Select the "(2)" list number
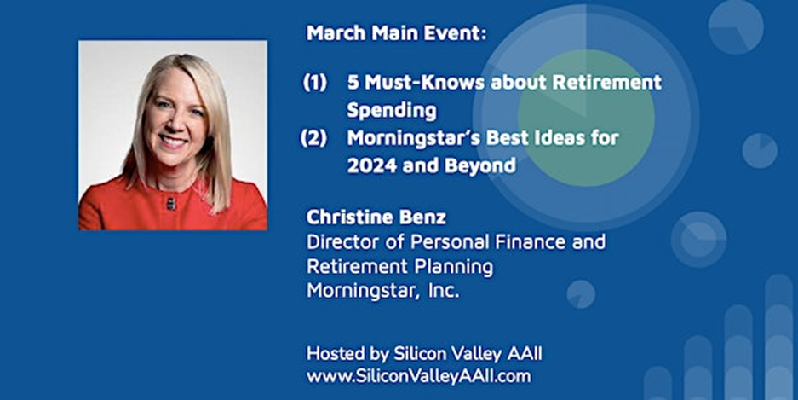tap(314, 139)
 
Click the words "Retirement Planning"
tap(399, 267)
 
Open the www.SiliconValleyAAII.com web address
tap(418, 376)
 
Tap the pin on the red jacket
tap(170, 203)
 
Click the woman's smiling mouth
tap(172, 140)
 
